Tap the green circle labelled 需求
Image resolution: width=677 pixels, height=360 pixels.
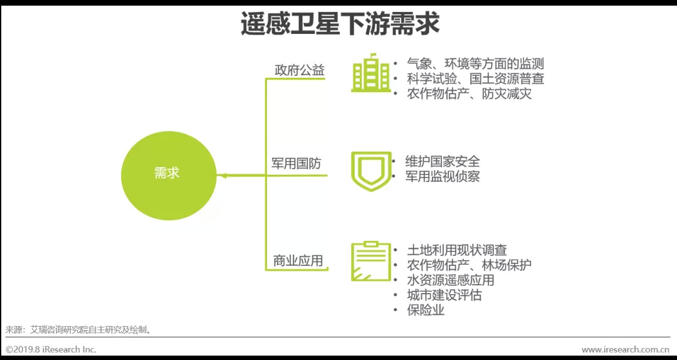[167, 174]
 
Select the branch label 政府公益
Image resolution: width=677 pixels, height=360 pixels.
[300, 70]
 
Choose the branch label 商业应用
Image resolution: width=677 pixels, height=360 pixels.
[298, 260]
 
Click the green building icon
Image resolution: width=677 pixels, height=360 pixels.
[370, 74]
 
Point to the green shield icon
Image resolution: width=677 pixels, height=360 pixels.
[370, 169]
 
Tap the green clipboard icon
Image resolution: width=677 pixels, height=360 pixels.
[369, 262]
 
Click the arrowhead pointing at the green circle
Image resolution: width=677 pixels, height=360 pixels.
[223, 176]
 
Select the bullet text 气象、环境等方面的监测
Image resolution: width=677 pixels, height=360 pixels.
[475, 64]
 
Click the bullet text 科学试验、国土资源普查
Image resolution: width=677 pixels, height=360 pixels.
[475, 79]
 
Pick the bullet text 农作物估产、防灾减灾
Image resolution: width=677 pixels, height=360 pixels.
[469, 94]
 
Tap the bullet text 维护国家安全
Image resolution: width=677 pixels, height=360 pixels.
[443, 162]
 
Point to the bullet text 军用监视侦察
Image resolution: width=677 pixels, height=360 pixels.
[443, 177]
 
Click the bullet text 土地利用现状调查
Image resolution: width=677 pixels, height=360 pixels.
[456, 250]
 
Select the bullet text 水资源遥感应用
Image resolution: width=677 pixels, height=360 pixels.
[450, 280]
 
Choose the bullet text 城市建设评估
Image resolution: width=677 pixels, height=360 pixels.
[444, 295]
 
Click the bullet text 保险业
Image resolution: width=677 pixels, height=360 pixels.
[426, 310]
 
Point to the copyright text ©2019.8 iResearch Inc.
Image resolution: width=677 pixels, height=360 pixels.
[51, 349]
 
